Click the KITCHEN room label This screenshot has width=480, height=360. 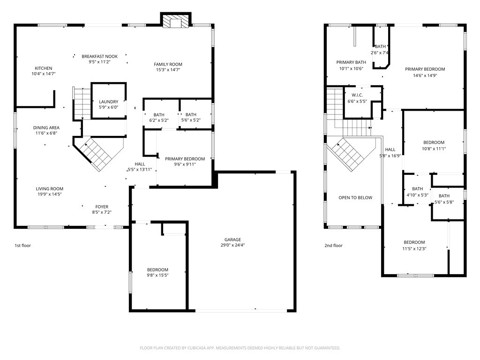coord(43,68)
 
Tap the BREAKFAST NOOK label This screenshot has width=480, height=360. coord(99,56)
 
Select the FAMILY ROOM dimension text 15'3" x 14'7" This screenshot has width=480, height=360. coord(168,70)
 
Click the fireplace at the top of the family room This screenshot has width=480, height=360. coord(175,22)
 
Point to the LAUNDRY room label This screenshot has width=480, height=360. coord(108,102)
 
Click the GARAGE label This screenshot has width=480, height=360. coord(232,240)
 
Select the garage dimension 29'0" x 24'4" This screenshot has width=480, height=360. coord(232,245)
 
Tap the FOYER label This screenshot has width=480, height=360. coord(102,207)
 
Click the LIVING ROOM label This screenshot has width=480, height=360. coord(49,189)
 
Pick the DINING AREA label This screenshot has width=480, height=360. coord(46,127)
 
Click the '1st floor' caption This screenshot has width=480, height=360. coord(22,245)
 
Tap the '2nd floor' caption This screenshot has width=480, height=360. coord(333,245)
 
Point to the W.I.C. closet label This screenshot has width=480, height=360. coord(357,96)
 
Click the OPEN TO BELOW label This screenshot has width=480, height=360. coord(355,198)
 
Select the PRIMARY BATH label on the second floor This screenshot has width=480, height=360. coord(351,62)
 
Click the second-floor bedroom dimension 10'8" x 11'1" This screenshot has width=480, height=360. coord(434,149)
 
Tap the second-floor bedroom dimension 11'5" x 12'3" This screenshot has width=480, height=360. coord(414,248)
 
